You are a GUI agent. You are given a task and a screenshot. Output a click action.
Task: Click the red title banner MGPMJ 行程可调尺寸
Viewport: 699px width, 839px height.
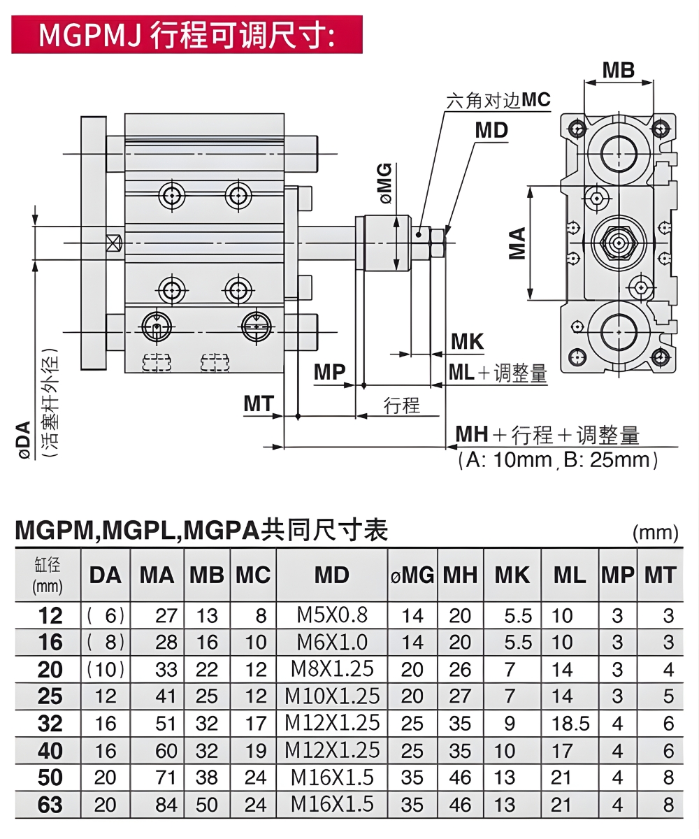tap(187, 34)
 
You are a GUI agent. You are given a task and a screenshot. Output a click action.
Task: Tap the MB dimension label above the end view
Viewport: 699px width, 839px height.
tap(618, 70)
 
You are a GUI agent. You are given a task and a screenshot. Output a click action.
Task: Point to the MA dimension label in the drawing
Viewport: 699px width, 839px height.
tap(517, 243)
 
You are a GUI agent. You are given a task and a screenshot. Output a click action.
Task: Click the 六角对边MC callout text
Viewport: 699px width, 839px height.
tap(498, 101)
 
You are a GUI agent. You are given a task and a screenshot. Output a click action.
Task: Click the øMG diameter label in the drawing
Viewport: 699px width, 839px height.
tap(386, 182)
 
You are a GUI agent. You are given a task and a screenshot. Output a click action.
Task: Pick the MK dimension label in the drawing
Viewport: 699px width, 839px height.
tap(467, 342)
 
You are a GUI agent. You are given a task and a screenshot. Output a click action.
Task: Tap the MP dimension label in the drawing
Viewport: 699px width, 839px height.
tap(329, 373)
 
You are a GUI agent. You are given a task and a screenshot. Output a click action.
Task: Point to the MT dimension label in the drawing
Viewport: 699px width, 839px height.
tap(259, 403)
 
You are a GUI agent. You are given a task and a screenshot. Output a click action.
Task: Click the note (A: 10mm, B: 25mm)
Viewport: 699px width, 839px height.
tap(558, 460)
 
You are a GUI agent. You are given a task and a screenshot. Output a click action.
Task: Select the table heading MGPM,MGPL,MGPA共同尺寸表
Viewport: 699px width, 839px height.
tap(201, 531)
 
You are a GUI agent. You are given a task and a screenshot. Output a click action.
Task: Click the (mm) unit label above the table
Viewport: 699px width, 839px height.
tap(655, 533)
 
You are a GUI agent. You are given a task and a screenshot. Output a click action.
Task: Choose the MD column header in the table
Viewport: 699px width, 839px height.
tap(331, 575)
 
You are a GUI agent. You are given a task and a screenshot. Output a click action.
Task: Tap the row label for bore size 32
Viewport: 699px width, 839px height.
tap(49, 724)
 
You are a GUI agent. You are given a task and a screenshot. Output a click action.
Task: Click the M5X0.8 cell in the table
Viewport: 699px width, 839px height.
tap(331, 615)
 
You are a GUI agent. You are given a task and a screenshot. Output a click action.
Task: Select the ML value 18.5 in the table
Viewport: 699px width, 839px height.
tap(570, 724)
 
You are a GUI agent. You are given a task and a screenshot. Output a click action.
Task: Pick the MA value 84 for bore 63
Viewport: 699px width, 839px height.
tap(166, 805)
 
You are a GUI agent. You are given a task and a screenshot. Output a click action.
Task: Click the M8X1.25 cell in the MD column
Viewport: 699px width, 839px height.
tap(331, 669)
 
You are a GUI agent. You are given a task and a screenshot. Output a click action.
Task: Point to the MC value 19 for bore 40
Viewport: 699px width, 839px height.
tap(256, 751)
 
